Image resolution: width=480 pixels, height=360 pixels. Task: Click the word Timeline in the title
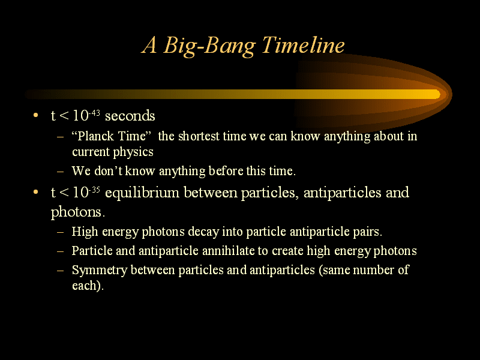303,45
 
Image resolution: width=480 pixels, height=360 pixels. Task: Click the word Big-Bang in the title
209,46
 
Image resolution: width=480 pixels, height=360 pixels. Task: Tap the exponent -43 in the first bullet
94,113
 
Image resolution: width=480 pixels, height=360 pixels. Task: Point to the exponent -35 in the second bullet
94,190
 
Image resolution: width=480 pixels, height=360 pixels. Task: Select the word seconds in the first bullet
130,116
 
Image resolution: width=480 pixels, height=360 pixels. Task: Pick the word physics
133,152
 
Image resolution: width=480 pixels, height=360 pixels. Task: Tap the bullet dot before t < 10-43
36,115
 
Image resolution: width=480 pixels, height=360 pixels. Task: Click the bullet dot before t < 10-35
36,192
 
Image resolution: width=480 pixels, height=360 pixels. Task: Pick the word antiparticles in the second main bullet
342,193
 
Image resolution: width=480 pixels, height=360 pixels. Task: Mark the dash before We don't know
61,171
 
